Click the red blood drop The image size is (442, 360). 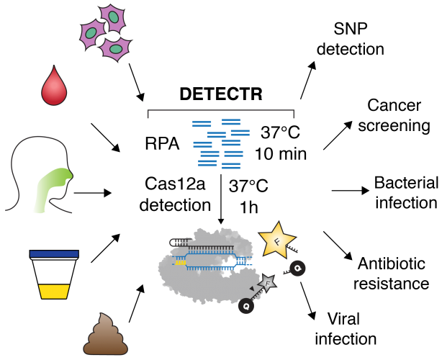[x=54, y=90]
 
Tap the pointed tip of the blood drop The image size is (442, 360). [x=53, y=66]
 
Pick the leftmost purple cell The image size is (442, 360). [x=92, y=33]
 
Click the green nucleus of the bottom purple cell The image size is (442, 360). [x=115, y=49]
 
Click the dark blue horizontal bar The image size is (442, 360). [x=54, y=253]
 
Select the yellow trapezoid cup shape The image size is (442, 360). [x=54, y=292]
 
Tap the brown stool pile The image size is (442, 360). [x=105, y=338]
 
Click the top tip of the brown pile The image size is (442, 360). [x=100, y=314]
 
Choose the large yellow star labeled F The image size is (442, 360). [x=276, y=240]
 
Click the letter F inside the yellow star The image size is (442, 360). [x=276, y=241]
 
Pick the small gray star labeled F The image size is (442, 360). [x=267, y=283]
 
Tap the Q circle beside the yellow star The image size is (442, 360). [x=297, y=268]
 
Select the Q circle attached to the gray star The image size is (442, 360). [x=246, y=306]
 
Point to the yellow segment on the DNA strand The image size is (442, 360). [x=180, y=262]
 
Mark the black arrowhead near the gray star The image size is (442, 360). [x=252, y=289]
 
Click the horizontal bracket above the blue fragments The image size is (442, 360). [x=221, y=110]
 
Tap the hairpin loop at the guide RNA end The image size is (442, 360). [x=242, y=260]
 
